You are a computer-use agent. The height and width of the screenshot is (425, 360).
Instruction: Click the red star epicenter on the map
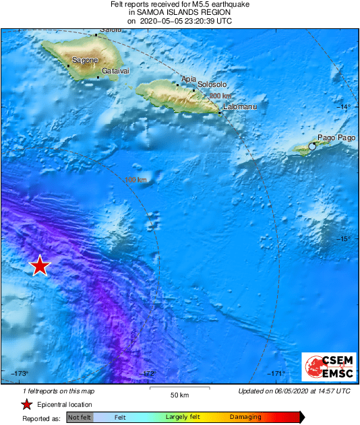(x=40, y=265)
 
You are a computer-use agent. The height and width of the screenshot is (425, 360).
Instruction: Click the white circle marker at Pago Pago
(x=312, y=146)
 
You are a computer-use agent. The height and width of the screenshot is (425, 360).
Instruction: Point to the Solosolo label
(x=212, y=85)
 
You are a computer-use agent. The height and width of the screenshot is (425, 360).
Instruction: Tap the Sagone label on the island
(x=85, y=61)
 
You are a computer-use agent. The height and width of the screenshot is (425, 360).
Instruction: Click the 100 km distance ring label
(x=136, y=180)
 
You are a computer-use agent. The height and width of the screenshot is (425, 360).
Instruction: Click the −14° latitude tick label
(x=344, y=107)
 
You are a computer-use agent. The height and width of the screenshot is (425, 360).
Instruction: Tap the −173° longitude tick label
(x=20, y=374)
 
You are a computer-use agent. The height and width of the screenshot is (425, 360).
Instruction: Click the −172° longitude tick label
(x=148, y=374)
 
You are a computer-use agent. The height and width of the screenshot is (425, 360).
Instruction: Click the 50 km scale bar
(x=179, y=389)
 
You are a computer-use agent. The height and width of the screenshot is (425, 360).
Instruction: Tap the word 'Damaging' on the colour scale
(x=245, y=418)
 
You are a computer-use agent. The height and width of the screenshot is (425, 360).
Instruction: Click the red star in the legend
(x=26, y=405)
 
